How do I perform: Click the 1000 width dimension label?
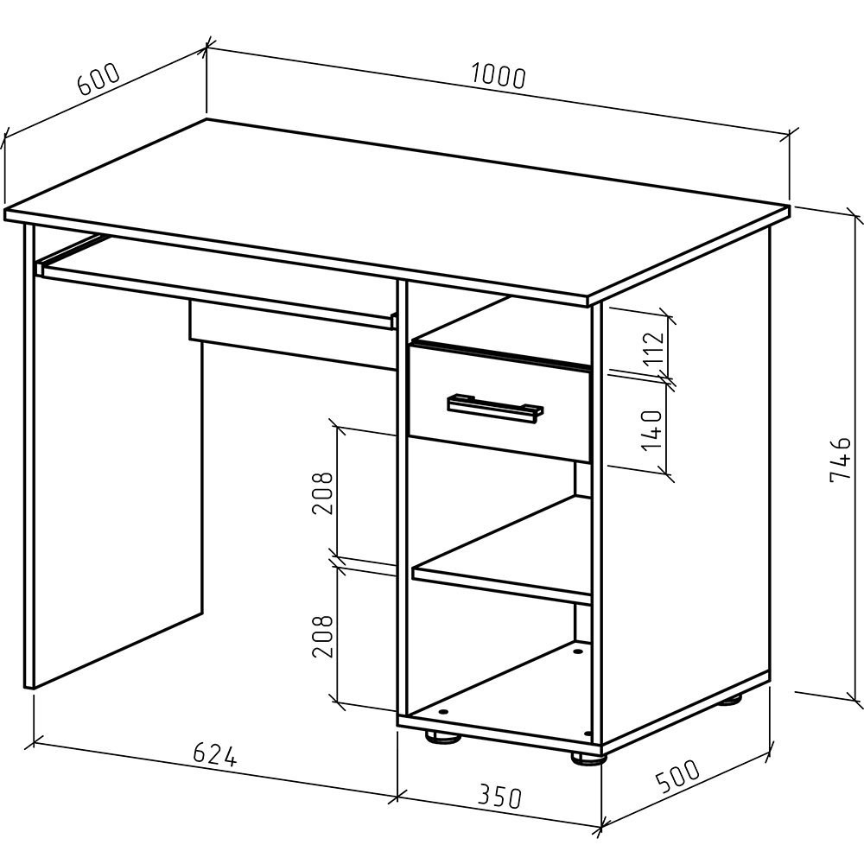[x=499, y=77]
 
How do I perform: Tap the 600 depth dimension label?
[x=98, y=79]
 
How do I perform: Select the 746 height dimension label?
[x=840, y=459]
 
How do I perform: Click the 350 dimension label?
[x=499, y=797]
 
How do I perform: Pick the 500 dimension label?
[x=677, y=775]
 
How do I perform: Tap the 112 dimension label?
[x=655, y=346]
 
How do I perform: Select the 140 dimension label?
[x=651, y=429]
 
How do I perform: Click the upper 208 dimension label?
[x=322, y=492]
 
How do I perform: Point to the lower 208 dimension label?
[x=322, y=636]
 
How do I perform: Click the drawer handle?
[x=495, y=409]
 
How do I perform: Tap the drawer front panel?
[x=499, y=403]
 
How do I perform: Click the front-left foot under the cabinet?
[x=442, y=737]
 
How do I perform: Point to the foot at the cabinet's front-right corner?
[x=587, y=759]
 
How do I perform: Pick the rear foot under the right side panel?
[x=732, y=700]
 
